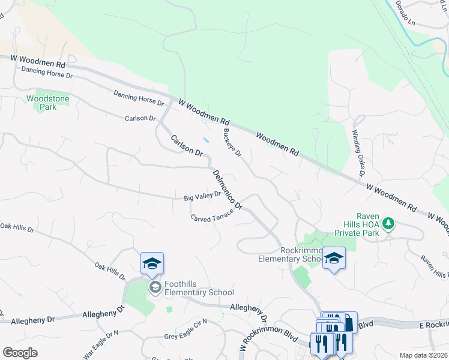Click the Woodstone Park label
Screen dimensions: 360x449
39,103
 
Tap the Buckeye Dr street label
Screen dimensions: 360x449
232,143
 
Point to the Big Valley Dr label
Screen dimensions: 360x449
203,196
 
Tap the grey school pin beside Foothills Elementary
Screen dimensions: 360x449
155,288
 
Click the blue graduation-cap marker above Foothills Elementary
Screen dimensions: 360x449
152,263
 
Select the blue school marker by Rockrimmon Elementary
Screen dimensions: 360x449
334,259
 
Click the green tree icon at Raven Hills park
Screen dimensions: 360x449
389,224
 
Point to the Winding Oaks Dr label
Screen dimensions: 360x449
359,153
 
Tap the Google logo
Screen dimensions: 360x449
20,353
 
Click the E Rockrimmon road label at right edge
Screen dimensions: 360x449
433,325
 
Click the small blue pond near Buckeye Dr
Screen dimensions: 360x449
206,140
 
